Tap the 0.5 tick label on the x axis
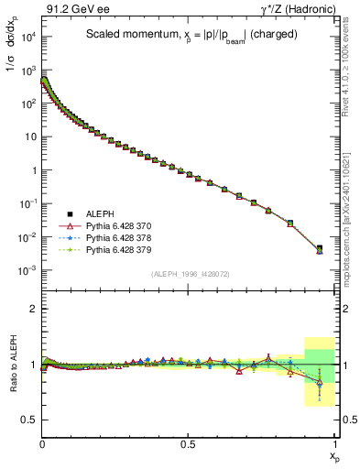tap(188, 442)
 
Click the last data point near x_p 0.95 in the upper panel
tap(320, 248)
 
